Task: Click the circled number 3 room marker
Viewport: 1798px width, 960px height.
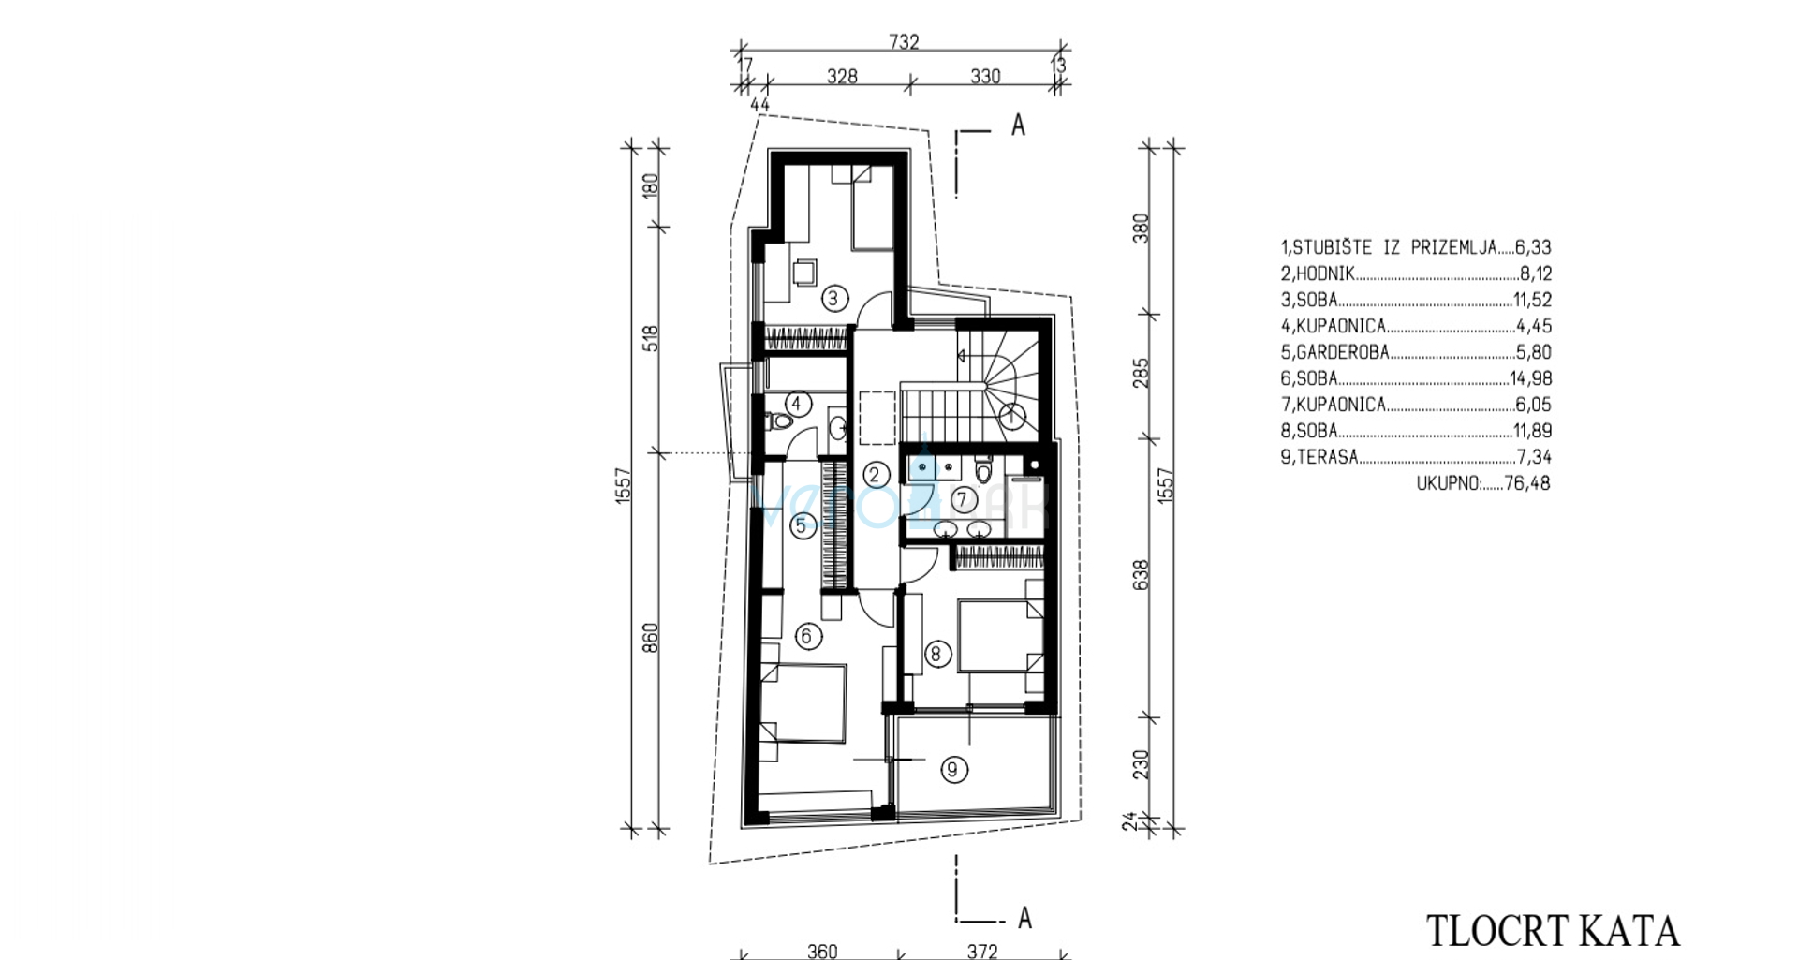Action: click(833, 299)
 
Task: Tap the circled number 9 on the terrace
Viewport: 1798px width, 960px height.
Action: click(953, 770)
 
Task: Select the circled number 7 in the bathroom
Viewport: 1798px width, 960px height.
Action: click(962, 500)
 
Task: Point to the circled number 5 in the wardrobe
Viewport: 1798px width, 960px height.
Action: click(801, 525)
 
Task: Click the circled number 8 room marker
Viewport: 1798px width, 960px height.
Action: click(936, 654)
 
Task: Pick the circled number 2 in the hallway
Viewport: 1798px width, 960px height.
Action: click(875, 474)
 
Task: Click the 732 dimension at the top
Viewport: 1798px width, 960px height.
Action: click(904, 41)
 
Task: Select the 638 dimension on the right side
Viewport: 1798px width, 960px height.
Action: click(1141, 574)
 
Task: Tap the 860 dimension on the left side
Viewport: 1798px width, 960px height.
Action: click(651, 638)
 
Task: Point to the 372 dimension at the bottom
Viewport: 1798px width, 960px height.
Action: click(982, 951)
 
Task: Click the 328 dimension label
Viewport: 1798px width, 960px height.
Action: click(842, 76)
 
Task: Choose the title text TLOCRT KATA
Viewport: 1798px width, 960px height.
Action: click(1553, 932)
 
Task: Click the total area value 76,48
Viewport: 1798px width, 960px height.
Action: click(1527, 483)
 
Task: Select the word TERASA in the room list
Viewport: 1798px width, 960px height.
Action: click(1327, 457)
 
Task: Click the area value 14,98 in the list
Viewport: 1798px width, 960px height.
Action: click(1530, 378)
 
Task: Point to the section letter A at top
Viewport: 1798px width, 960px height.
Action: click(1018, 125)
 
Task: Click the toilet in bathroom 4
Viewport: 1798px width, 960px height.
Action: click(779, 421)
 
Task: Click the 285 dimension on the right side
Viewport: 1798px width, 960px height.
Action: click(1141, 373)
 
